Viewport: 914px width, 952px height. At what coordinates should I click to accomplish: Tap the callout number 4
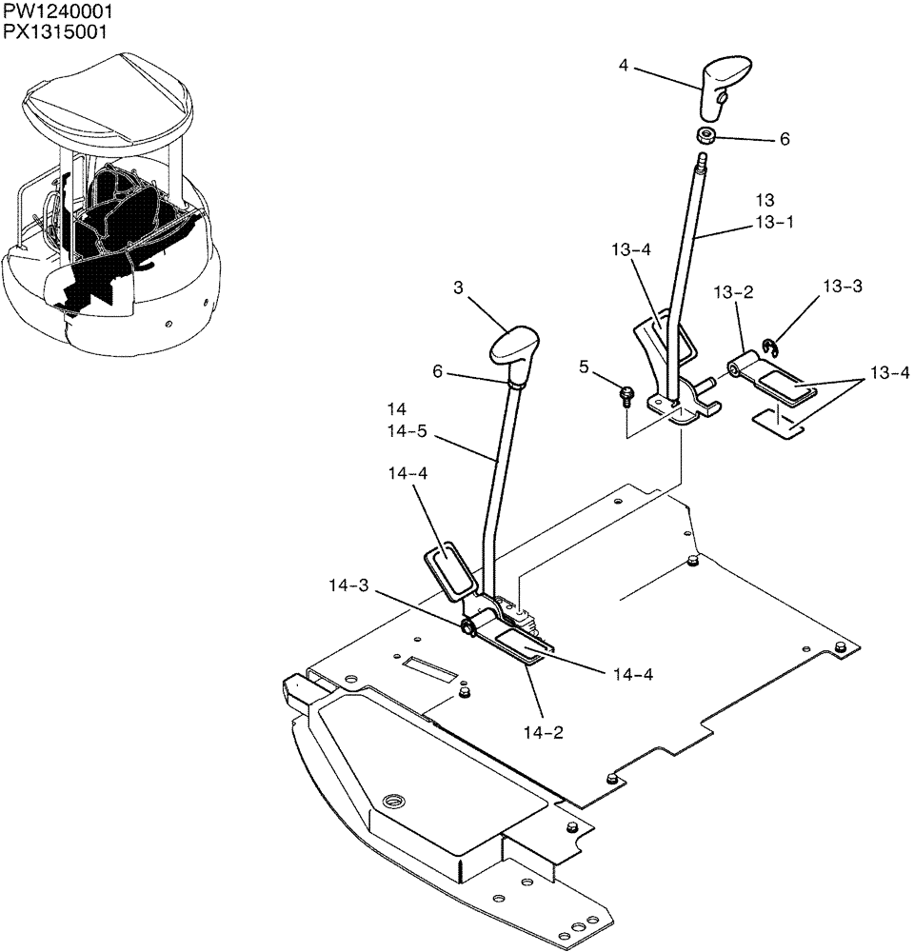[623, 66]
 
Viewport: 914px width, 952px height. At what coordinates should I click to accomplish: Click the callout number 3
[458, 288]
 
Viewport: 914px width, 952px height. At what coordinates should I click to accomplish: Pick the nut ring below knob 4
[707, 135]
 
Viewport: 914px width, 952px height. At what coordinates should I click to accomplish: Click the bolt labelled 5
[627, 393]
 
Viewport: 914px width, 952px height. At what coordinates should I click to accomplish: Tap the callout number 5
[586, 366]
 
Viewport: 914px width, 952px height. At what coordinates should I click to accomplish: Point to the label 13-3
[843, 286]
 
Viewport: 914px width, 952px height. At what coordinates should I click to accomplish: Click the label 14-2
[541, 732]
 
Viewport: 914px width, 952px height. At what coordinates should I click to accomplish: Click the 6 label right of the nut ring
[785, 139]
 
